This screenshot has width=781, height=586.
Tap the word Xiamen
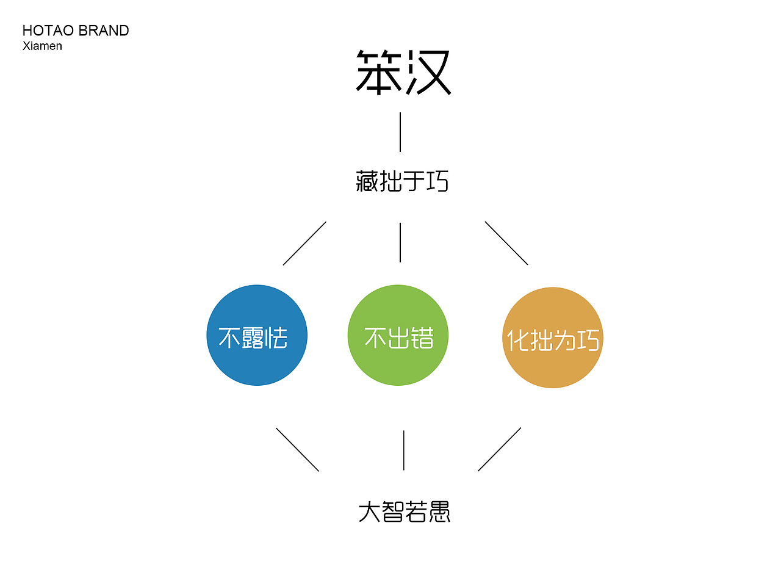[42, 46]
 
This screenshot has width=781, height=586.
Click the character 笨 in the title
[379, 73]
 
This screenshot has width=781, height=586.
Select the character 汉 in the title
[428, 73]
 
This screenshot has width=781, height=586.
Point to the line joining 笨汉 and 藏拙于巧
[400, 132]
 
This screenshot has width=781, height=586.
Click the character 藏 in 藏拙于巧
[367, 181]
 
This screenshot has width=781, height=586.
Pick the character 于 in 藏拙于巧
[414, 181]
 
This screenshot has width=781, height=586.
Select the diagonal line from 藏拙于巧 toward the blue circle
[304, 243]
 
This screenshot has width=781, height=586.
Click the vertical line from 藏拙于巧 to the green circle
[400, 242]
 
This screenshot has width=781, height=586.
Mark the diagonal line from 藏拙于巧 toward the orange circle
[506, 243]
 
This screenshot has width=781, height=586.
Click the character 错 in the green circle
[422, 338]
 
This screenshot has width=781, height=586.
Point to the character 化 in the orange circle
[518, 340]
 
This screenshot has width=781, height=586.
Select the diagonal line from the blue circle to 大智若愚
[298, 449]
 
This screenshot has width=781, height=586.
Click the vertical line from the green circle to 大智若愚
[403, 450]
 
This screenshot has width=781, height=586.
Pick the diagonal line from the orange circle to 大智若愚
[499, 449]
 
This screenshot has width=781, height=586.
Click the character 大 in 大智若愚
[370, 512]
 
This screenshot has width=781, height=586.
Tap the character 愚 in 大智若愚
[439, 512]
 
